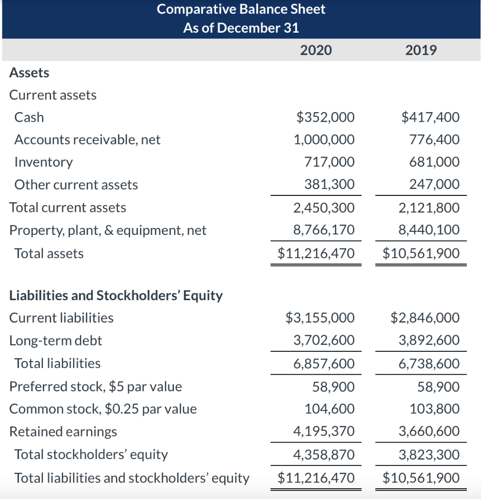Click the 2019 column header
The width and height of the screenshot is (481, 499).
[x=421, y=50]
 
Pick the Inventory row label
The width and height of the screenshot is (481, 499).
[x=43, y=162]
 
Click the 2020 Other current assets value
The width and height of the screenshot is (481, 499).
[x=329, y=185]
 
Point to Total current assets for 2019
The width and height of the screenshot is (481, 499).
[x=429, y=208]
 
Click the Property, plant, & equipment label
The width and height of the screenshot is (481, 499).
[x=108, y=230]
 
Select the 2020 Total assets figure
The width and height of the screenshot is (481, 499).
[x=316, y=253]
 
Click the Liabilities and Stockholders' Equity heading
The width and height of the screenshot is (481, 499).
[x=116, y=295]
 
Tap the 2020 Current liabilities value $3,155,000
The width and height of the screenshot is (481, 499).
[x=320, y=318]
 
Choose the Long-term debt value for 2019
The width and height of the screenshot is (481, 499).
[x=429, y=340]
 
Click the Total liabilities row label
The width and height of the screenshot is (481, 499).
[x=58, y=363]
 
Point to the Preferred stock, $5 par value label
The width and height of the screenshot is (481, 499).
[x=96, y=386]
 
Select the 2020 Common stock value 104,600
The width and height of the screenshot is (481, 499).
[x=329, y=409]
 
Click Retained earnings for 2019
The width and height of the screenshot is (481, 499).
[x=429, y=432]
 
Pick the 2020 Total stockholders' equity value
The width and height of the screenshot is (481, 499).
[x=324, y=455]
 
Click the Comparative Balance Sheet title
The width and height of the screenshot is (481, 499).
[x=241, y=9]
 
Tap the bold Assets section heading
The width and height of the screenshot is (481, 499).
[x=29, y=73]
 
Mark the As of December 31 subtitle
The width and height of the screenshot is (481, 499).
[x=241, y=28]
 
